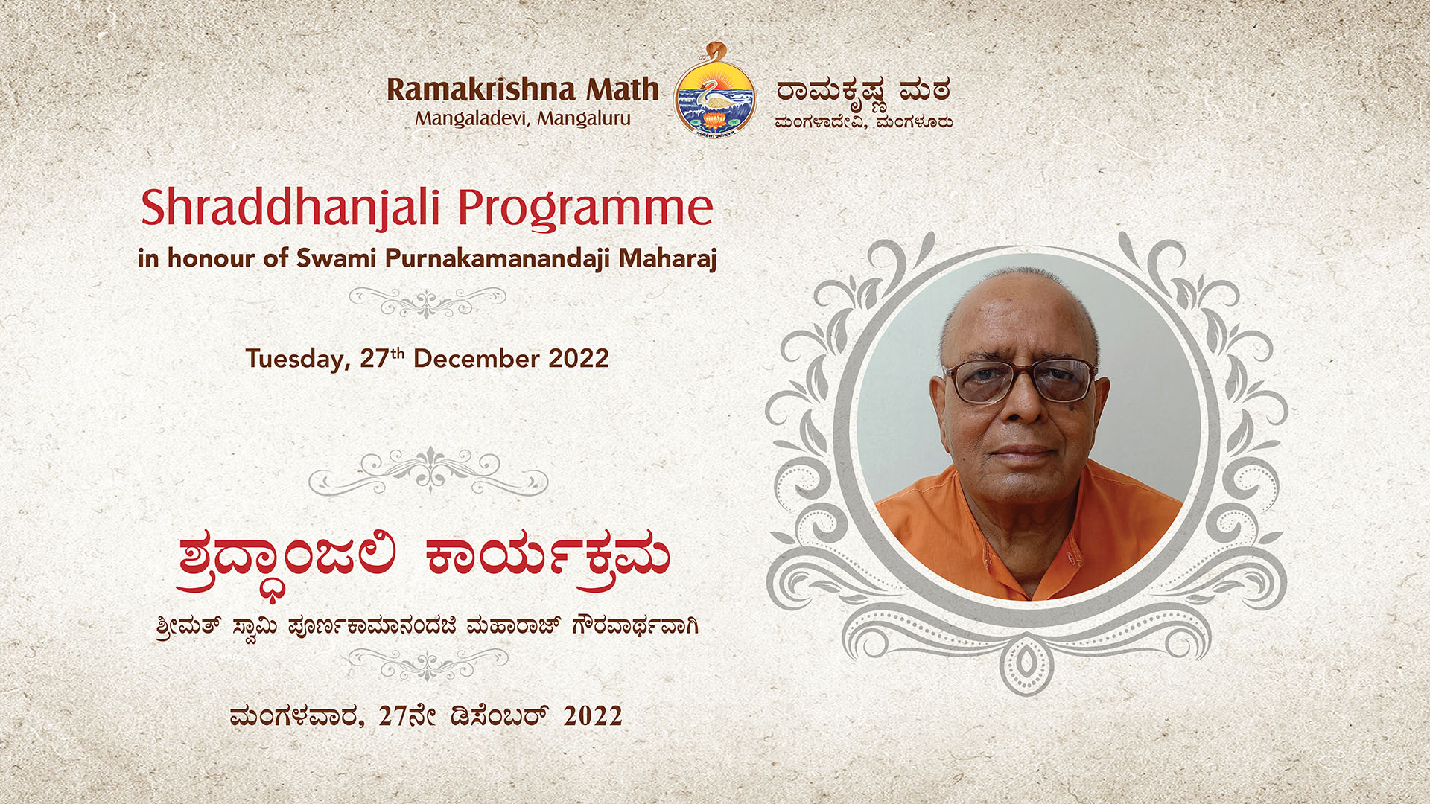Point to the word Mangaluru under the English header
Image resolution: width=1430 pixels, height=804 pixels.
pyautogui.click(x=584, y=119)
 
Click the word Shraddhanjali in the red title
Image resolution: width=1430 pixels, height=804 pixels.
pyautogui.click(x=290, y=209)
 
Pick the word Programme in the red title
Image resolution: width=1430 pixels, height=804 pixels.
pyautogui.click(x=585, y=209)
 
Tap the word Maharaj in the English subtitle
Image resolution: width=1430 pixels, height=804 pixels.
pyautogui.click(x=667, y=259)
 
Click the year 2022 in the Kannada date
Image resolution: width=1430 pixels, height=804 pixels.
pyautogui.click(x=593, y=716)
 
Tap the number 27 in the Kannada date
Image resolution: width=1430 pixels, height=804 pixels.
pyautogui.click(x=393, y=716)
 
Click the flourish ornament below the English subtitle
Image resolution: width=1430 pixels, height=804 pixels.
pyautogui.click(x=428, y=301)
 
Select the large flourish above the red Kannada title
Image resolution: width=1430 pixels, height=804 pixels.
pyautogui.click(x=428, y=470)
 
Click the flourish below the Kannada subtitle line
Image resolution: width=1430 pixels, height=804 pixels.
pyautogui.click(x=428, y=663)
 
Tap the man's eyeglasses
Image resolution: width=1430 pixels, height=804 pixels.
pyautogui.click(x=1020, y=380)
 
